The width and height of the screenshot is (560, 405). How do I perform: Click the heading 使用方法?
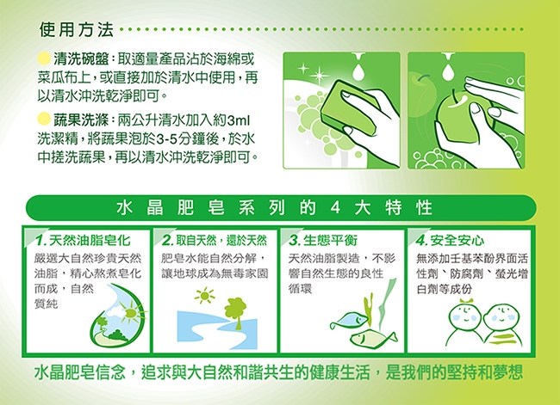(x=77, y=29)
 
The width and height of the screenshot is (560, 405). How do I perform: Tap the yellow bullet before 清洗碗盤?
(x=44, y=58)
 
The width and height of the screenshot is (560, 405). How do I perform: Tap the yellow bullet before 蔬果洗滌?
(x=44, y=119)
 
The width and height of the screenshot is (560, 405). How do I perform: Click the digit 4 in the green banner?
(x=335, y=208)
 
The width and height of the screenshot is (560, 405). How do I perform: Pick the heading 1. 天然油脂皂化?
(x=83, y=241)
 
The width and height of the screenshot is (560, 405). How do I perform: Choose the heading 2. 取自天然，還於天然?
(x=215, y=241)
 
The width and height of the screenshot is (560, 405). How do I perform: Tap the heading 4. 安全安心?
(x=450, y=241)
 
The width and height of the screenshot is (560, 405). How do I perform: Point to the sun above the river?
(x=205, y=296)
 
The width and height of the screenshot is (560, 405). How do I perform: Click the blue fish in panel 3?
(x=349, y=322)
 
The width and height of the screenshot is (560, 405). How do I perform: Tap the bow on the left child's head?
(x=467, y=301)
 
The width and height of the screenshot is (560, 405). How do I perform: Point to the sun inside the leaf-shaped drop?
(x=130, y=313)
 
